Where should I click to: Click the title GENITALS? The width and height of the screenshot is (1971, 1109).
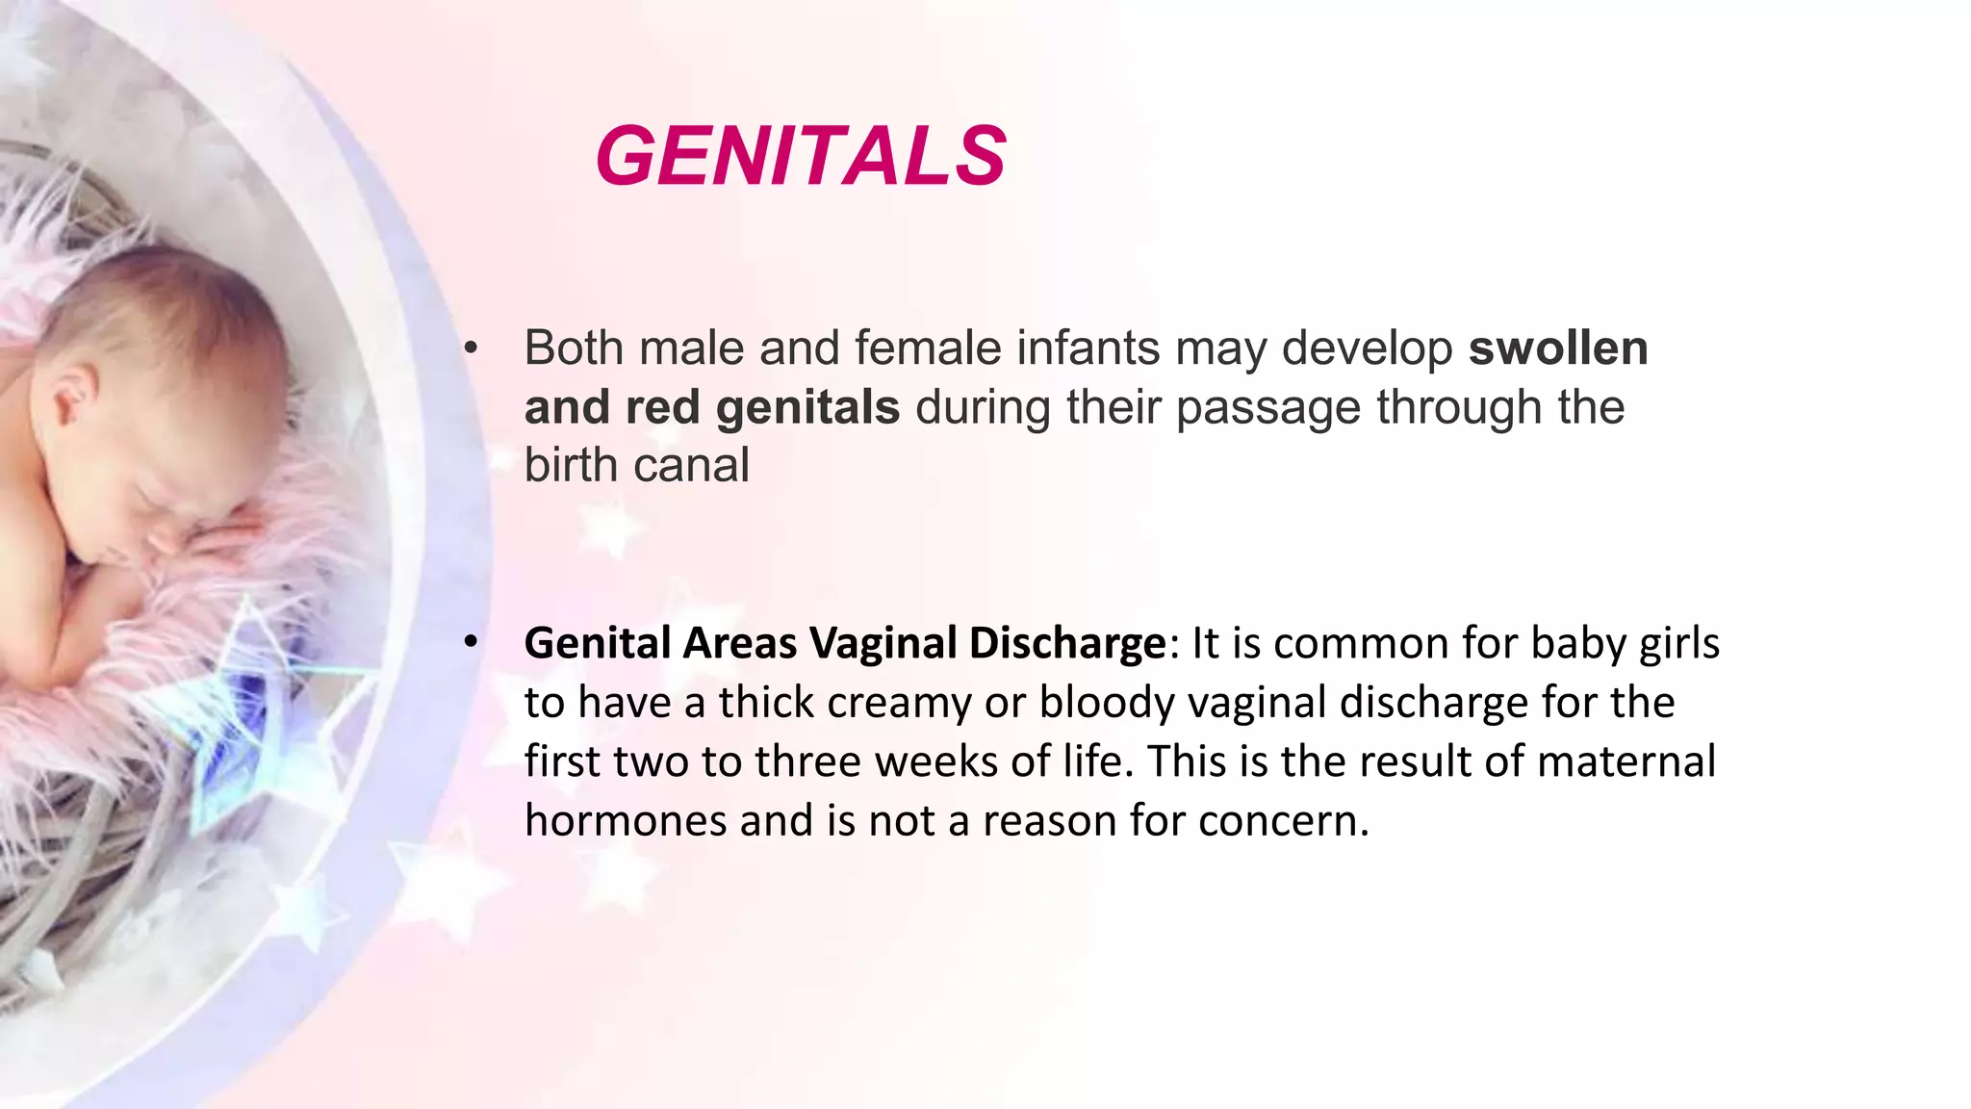(801, 156)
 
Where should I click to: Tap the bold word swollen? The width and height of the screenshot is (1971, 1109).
(1557, 348)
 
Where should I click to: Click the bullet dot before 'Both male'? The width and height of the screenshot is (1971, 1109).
(470, 349)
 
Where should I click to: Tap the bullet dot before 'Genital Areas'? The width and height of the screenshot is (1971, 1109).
(470, 642)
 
